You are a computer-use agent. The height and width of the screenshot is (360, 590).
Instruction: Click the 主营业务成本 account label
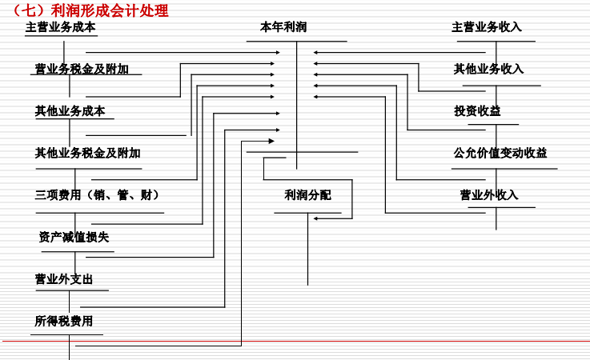pyautogui.click(x=60, y=26)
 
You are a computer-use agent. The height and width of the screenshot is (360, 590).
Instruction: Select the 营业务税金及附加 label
pyautogui.click(x=82, y=69)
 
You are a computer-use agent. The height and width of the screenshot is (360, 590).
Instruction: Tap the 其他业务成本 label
pyautogui.click(x=70, y=111)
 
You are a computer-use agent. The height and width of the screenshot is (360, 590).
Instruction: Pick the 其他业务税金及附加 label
pyautogui.click(x=87, y=153)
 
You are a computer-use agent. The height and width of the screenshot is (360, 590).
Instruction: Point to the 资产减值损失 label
pyautogui.click(x=74, y=237)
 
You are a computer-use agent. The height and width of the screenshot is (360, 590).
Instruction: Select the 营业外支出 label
pyautogui.click(x=63, y=279)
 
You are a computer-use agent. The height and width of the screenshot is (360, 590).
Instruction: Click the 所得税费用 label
pyautogui.click(x=63, y=321)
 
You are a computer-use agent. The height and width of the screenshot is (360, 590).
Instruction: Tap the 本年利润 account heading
pyautogui.click(x=283, y=26)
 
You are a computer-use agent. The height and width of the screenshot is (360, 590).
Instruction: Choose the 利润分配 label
pyautogui.click(x=307, y=194)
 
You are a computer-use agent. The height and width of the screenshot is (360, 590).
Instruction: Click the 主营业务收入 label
pyautogui.click(x=487, y=26)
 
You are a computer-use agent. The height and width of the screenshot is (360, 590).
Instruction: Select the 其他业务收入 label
pyautogui.click(x=488, y=69)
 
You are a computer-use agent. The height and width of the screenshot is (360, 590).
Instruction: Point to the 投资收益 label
pyautogui.click(x=477, y=111)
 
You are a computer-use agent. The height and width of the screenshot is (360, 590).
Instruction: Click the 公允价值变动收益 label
pyautogui.click(x=500, y=153)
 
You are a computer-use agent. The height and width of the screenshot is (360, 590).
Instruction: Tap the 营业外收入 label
pyautogui.click(x=489, y=194)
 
